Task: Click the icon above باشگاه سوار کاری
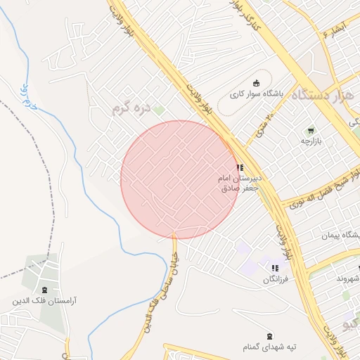click(x=256, y=83)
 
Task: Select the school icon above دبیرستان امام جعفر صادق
click(x=240, y=168)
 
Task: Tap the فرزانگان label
click(x=276, y=279)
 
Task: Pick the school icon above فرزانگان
click(x=276, y=268)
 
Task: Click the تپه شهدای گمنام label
click(x=271, y=347)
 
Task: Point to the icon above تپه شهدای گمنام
click(x=271, y=335)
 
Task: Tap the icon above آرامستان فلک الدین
click(x=45, y=289)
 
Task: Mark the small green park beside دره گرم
click(x=160, y=110)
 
